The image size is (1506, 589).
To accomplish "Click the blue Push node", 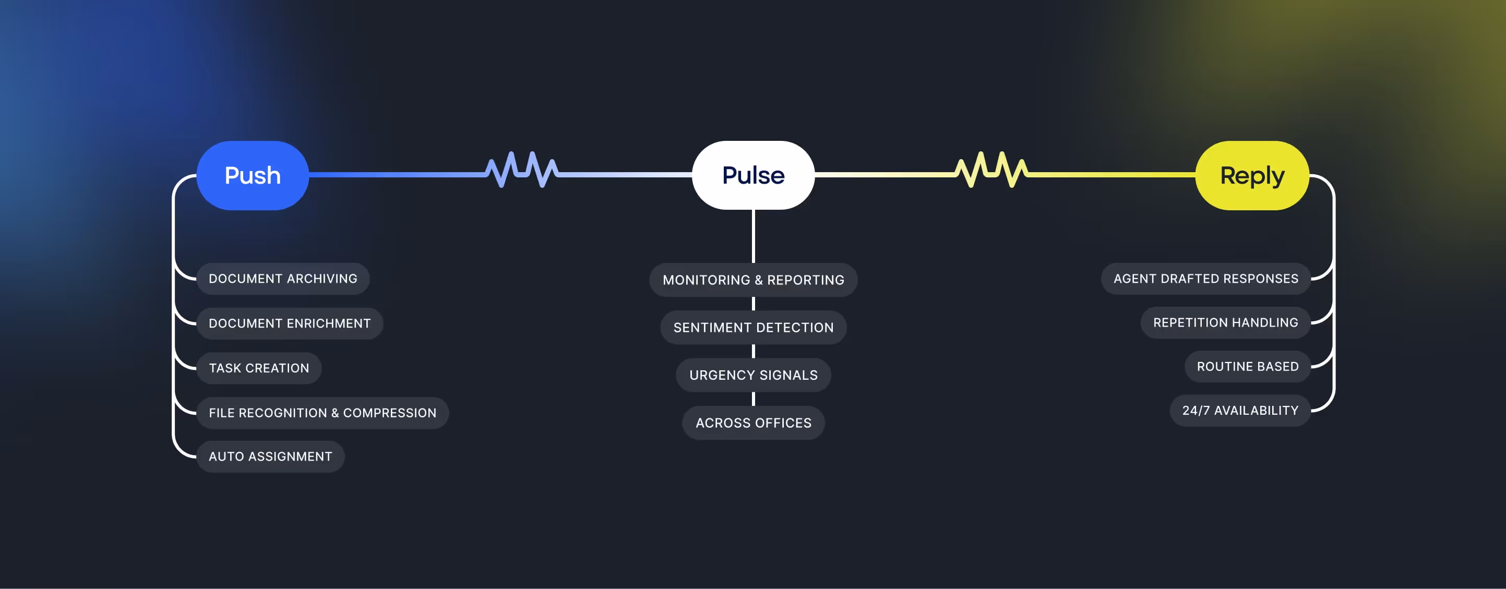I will click(253, 175).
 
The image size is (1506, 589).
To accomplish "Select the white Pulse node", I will click(753, 175).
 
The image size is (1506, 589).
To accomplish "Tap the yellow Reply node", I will click(1252, 175).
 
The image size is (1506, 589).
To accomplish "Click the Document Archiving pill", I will click(283, 279).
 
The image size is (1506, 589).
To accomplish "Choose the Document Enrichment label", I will click(290, 323).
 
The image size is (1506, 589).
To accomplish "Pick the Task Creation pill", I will click(259, 368).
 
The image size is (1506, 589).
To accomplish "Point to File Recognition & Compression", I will click(322, 413).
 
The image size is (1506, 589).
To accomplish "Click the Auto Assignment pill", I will click(270, 456).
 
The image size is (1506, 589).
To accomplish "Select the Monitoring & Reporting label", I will click(753, 280).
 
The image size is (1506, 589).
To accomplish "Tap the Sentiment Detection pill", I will click(753, 327).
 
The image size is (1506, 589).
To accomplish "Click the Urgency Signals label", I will click(753, 375).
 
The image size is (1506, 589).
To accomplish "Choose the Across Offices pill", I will click(753, 423).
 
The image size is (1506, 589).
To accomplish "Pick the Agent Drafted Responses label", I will click(1205, 279).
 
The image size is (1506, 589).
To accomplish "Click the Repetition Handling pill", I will click(1225, 322).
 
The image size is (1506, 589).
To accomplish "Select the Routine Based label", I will click(1248, 366).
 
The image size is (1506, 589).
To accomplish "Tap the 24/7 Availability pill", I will click(1240, 410).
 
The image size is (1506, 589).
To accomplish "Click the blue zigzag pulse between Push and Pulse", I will click(521, 170).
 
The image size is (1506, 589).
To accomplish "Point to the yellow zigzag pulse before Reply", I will click(991, 170).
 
